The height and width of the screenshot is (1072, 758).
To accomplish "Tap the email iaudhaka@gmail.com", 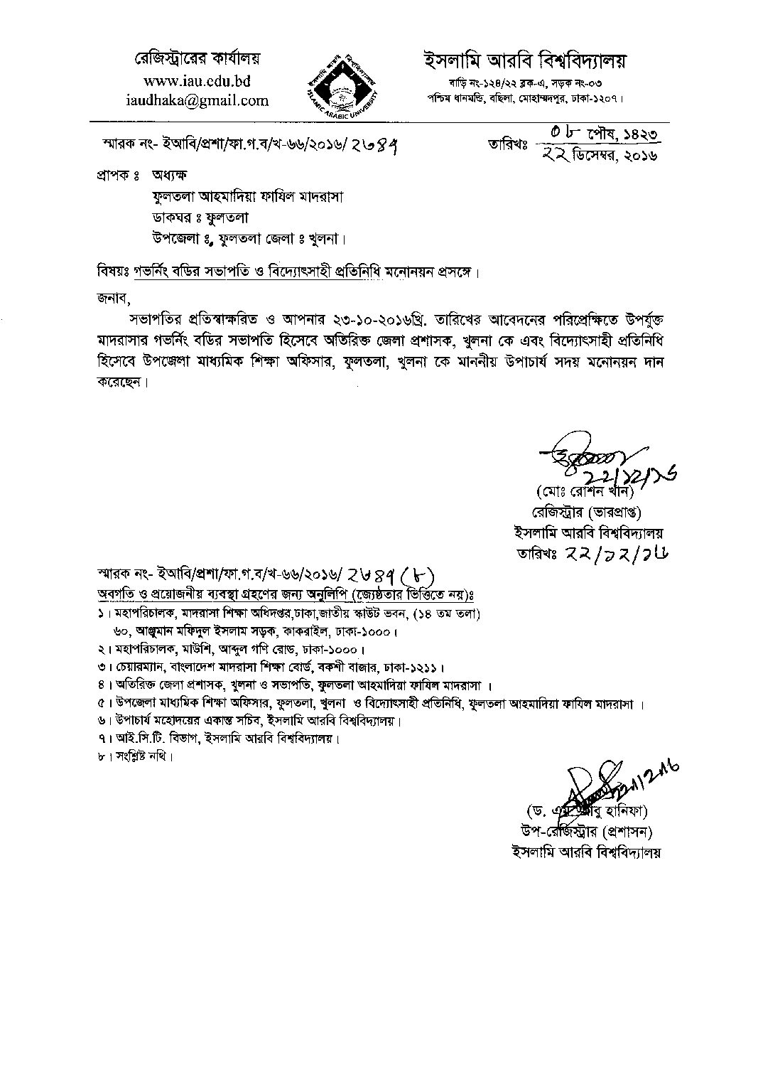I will pyautogui.click(x=197, y=101).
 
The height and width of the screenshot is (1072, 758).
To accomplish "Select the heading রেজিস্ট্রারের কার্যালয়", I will pyautogui.click(x=198, y=58).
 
